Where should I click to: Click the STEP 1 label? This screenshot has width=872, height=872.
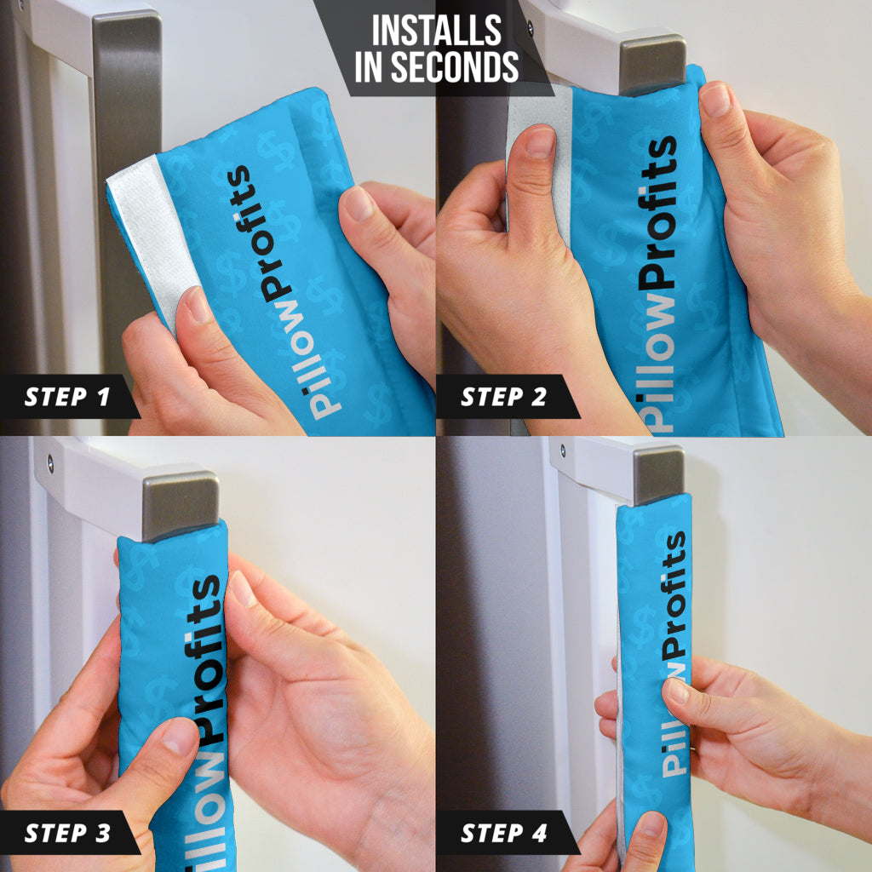(x=66, y=397)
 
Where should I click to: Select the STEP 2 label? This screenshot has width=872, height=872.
(x=503, y=397)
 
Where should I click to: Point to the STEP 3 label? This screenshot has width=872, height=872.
(x=67, y=833)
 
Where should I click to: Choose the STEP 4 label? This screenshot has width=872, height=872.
(x=504, y=833)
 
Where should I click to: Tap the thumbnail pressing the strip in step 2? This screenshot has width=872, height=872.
(x=540, y=141)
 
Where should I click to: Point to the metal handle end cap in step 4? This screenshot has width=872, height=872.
(x=659, y=474)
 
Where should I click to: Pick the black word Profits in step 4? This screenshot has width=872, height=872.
(x=674, y=594)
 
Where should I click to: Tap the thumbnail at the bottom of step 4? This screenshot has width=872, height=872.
(x=652, y=824)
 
